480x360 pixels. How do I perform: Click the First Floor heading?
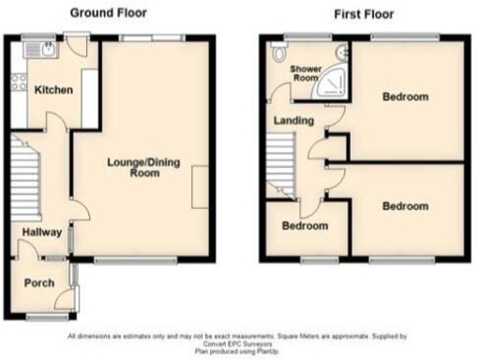point(365,14)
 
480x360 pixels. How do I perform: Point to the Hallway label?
point(43,232)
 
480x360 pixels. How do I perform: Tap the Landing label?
point(292,121)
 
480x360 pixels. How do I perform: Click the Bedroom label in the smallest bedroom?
point(306,227)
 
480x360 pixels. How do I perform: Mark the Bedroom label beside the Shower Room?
point(405,97)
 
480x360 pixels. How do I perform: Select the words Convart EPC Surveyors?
point(239,343)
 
